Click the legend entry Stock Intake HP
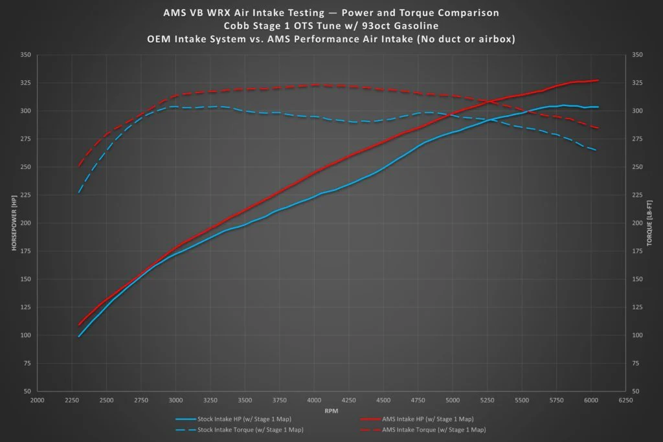click(x=233, y=419)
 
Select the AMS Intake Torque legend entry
click(x=423, y=430)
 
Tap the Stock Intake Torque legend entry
click(x=240, y=430)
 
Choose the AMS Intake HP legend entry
click(x=417, y=419)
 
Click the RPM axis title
click(x=331, y=411)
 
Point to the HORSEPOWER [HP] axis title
click(x=14, y=223)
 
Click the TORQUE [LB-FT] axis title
click(x=649, y=223)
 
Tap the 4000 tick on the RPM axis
click(x=314, y=400)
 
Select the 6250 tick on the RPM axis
click(x=626, y=400)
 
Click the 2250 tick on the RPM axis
click(x=72, y=400)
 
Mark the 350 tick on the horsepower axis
click(x=26, y=54)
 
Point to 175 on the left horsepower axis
click(x=26, y=251)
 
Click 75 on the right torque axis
click(x=636, y=364)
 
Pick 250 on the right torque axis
click(x=637, y=167)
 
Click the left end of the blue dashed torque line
click(x=79, y=192)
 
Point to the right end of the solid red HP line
click(x=598, y=80)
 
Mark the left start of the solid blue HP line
click(x=78, y=337)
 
